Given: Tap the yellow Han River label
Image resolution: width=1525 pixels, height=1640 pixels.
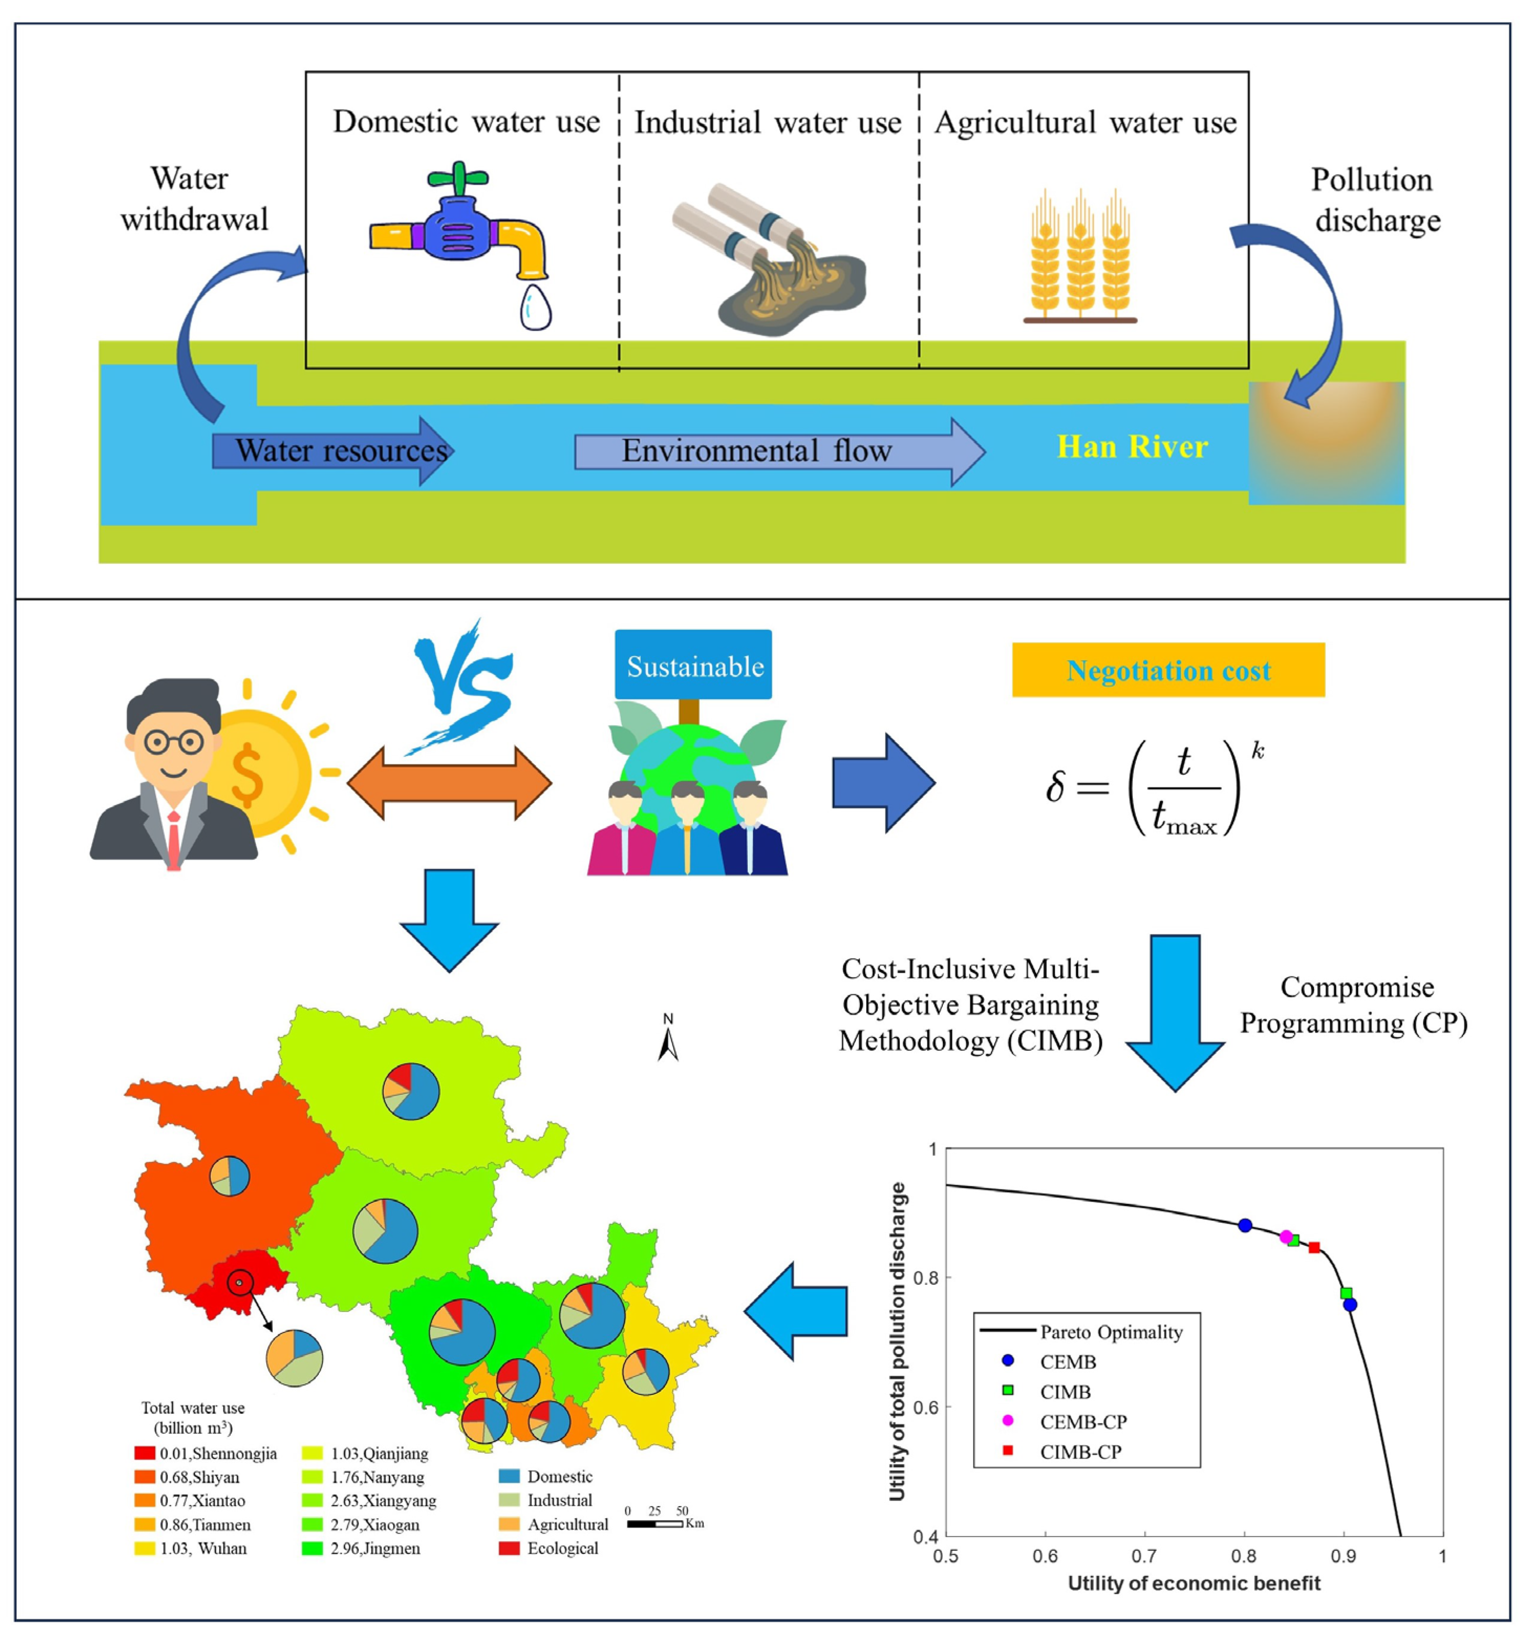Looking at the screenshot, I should (1132, 447).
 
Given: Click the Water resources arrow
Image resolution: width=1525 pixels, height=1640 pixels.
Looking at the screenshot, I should (332, 451).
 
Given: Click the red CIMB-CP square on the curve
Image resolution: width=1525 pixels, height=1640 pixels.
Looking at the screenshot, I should (1314, 1248).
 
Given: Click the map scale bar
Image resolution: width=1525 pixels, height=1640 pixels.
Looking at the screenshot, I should (655, 1523).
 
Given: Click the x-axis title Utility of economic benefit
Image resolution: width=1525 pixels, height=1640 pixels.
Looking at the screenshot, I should (1194, 1583).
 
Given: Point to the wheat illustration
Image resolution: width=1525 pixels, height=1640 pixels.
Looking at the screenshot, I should (1080, 255).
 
